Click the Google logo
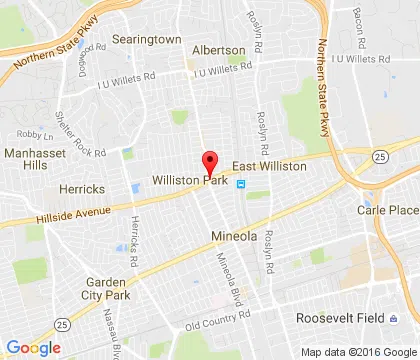tap(33, 347)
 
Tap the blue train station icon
tap(240, 184)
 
